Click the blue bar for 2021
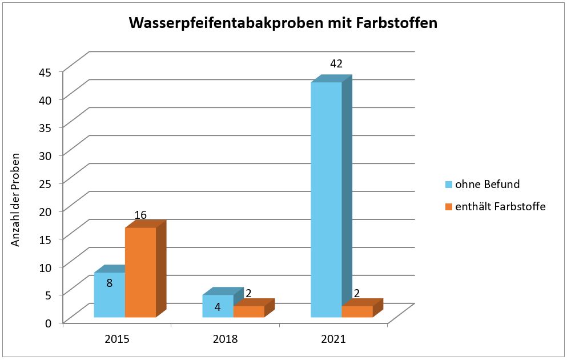click(x=327, y=200)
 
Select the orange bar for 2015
click(x=140, y=272)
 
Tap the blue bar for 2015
click(x=109, y=295)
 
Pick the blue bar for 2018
click(x=218, y=306)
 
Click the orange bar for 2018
click(x=249, y=311)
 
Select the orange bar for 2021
click(x=357, y=311)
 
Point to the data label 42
click(x=336, y=63)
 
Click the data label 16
click(x=140, y=215)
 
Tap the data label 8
click(x=109, y=282)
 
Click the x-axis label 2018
click(x=225, y=339)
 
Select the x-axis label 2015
click(x=117, y=339)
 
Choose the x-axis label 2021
click(x=333, y=339)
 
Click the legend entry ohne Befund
click(x=487, y=184)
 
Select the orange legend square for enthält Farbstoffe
click(x=449, y=207)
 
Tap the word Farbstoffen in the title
click(x=400, y=24)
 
